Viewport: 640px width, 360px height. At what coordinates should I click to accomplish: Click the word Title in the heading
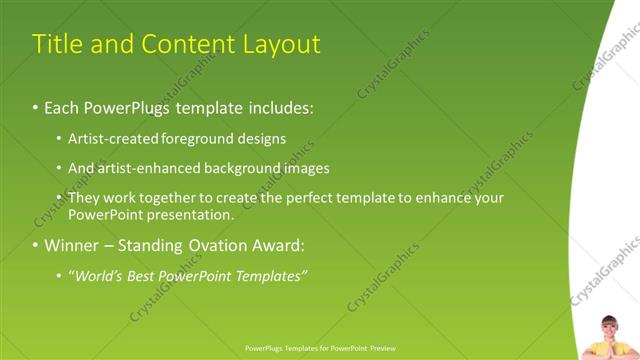(57, 45)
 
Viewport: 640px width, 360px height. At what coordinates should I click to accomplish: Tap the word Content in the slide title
(185, 45)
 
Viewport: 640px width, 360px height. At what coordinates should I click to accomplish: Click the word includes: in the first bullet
(277, 106)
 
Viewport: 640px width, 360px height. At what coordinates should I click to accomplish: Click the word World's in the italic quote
(97, 276)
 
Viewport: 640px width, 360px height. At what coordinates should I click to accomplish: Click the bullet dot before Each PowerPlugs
(36, 107)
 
